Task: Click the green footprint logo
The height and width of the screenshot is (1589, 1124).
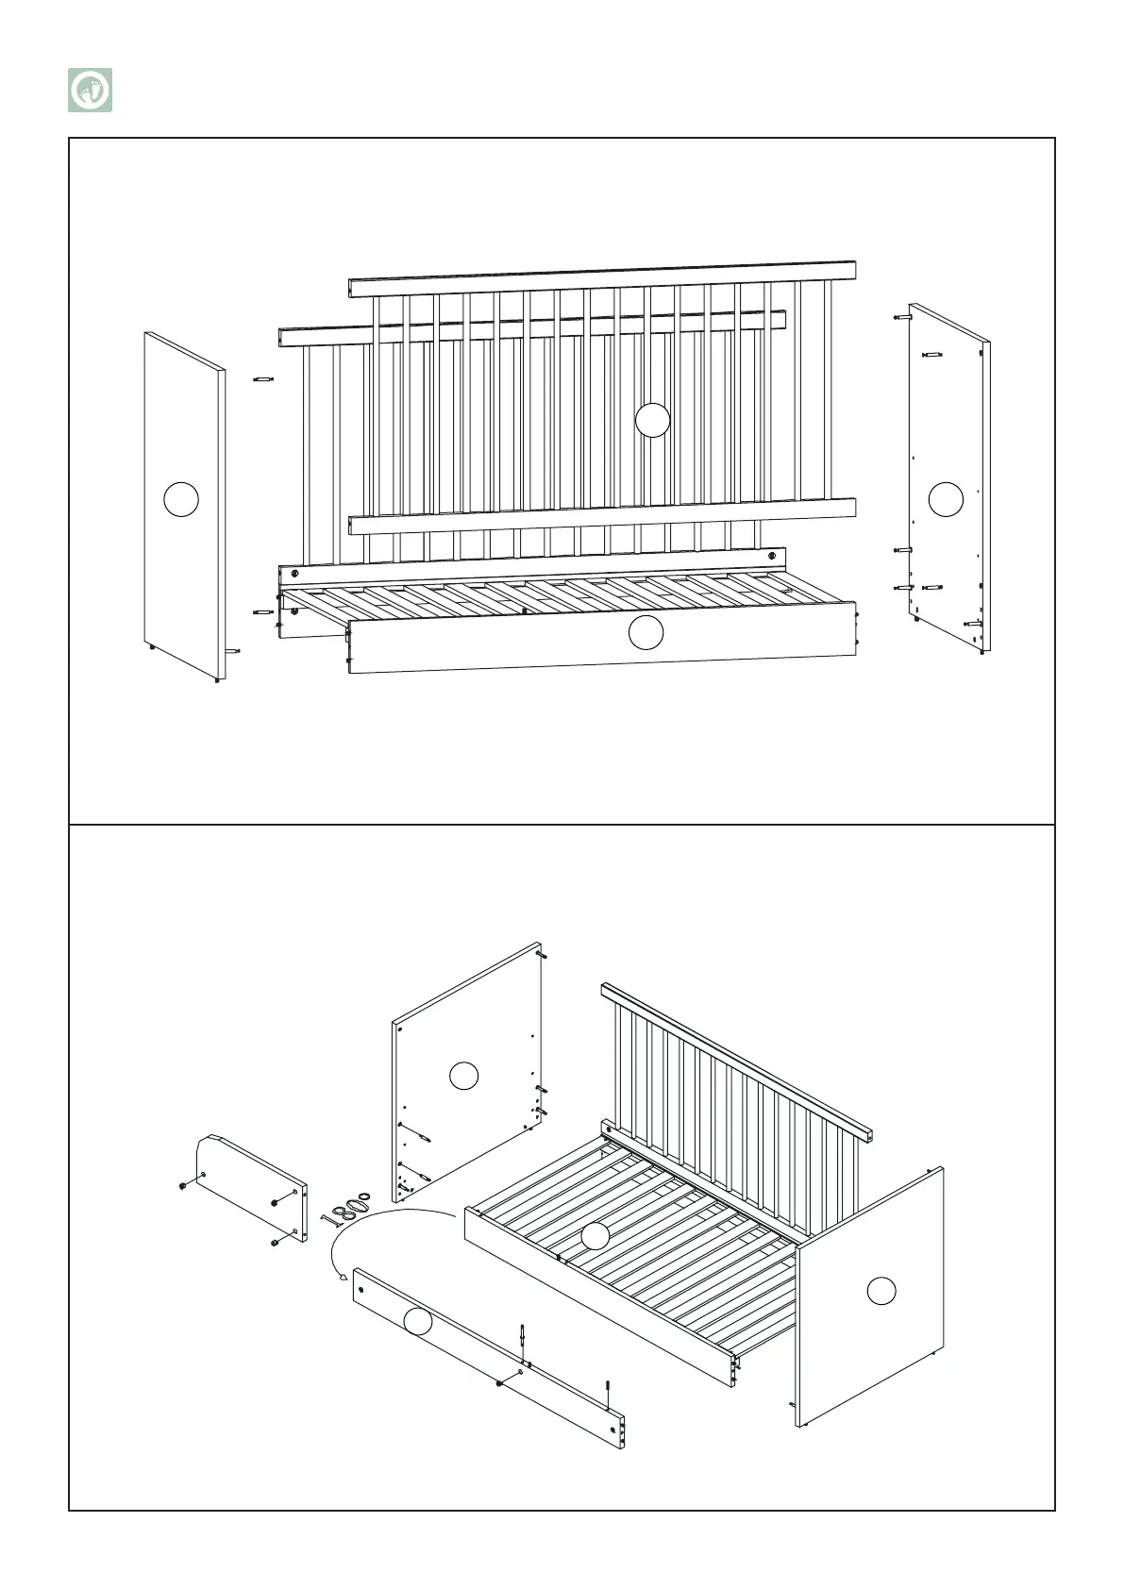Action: tap(90, 91)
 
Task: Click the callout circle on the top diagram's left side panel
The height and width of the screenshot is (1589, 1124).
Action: tap(181, 499)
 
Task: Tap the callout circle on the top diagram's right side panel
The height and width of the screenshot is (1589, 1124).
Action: tap(946, 499)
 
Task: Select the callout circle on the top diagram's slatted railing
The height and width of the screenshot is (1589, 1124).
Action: tap(652, 420)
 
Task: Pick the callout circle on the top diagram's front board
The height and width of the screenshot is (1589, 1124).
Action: tap(646, 632)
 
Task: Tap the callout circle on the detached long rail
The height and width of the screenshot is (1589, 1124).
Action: tap(418, 1322)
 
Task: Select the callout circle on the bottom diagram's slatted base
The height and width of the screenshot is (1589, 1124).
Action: tap(595, 1236)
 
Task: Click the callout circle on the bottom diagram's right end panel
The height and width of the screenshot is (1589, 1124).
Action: tap(881, 1290)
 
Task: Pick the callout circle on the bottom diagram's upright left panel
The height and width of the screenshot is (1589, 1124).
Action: tap(463, 1076)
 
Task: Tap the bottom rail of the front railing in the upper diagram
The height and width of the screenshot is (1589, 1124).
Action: tap(602, 515)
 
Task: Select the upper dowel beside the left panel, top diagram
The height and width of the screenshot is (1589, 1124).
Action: tap(262, 379)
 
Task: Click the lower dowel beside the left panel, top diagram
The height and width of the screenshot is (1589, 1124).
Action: tap(262, 612)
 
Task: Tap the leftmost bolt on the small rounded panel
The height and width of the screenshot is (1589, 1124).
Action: tap(181, 1185)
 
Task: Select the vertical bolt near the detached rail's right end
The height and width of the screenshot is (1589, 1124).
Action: tap(608, 1392)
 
